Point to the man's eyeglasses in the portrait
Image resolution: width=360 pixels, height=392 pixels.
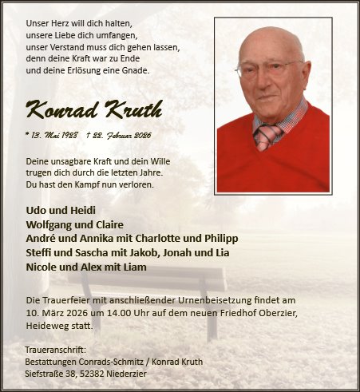268,68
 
